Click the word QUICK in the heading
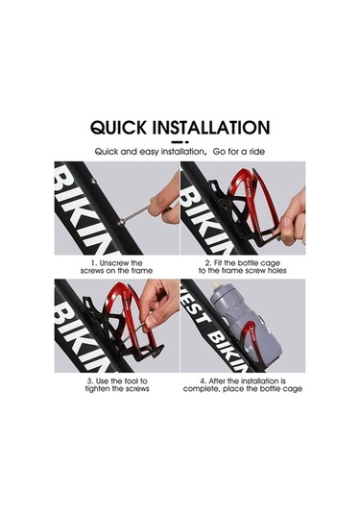click(x=119, y=128)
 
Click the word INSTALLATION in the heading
click(x=211, y=128)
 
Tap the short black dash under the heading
click(x=180, y=142)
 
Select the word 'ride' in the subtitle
click(x=256, y=152)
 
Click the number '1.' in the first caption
click(x=94, y=263)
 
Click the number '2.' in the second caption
click(x=208, y=263)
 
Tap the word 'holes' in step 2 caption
click(x=277, y=271)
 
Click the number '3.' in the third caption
click(x=90, y=381)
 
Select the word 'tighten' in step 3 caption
click(x=97, y=389)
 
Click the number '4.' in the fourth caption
click(x=204, y=381)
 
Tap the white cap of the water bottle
click(x=215, y=285)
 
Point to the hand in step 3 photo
click(x=158, y=302)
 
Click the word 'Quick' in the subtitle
click(x=107, y=152)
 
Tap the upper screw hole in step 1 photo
click(x=94, y=181)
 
